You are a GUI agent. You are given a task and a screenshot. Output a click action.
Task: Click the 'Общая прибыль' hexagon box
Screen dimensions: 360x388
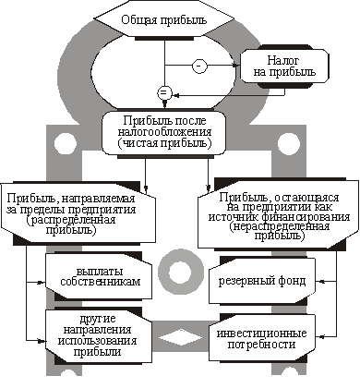pyautogui.click(x=164, y=20)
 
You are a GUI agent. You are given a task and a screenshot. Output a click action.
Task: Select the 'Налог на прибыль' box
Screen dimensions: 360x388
pyautogui.click(x=284, y=66)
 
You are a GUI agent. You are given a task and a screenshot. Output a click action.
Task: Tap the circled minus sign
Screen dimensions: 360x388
pyautogui.click(x=199, y=66)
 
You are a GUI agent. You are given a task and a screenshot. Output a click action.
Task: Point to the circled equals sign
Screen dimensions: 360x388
pyautogui.click(x=164, y=92)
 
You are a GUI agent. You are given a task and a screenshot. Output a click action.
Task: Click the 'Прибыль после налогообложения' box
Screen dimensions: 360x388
pyautogui.click(x=164, y=132)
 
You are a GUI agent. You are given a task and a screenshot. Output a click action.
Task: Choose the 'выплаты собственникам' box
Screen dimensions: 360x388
pyautogui.click(x=99, y=276)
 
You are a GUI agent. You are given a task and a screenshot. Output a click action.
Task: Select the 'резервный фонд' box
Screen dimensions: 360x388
pyautogui.click(x=262, y=281)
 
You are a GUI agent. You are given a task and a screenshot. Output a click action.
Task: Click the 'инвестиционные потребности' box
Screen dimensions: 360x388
pyautogui.click(x=262, y=338)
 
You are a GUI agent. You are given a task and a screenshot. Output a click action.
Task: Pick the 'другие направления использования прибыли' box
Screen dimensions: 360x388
pyautogui.click(x=99, y=334)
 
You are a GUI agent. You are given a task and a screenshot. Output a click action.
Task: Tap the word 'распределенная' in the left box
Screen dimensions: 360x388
pyautogui.click(x=71, y=220)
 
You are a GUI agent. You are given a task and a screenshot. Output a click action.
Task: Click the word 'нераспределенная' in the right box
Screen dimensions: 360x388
pyautogui.click(x=280, y=226)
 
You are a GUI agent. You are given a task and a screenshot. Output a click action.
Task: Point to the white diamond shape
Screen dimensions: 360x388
pyautogui.click(x=180, y=337)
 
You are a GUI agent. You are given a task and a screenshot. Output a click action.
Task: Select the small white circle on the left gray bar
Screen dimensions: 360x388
pyautogui.click(x=65, y=143)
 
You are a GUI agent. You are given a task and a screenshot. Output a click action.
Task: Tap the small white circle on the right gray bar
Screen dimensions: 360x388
pyautogui.click(x=288, y=143)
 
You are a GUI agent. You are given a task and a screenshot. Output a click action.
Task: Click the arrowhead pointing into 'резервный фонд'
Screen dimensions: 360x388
pyautogui.click(x=319, y=281)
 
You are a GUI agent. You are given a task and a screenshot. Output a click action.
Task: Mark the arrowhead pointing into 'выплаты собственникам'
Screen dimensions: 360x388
pyautogui.click(x=42, y=282)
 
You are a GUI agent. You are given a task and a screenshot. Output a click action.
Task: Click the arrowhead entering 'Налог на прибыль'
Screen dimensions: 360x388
pyautogui.click(x=236, y=66)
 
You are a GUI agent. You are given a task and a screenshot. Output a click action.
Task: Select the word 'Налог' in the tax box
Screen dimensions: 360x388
pyautogui.click(x=283, y=60)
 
